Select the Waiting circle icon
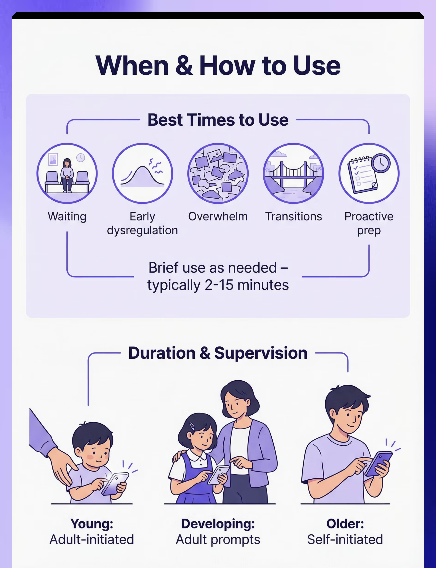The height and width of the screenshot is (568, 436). [67, 173]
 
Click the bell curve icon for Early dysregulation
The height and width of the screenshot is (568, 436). [142, 173]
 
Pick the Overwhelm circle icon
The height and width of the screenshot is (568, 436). [218, 173]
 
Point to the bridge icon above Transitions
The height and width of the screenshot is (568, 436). [294, 173]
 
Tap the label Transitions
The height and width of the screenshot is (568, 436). [294, 216]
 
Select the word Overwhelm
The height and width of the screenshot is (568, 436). [218, 216]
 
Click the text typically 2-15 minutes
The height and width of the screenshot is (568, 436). [218, 285]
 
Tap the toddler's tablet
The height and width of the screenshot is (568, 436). [115, 484]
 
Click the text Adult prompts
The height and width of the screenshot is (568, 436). [218, 540]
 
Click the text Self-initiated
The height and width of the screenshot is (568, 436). [345, 540]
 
